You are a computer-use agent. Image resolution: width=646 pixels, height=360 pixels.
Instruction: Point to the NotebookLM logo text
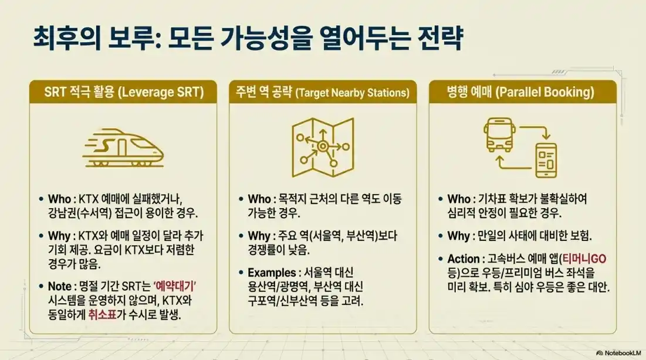pos(620,353)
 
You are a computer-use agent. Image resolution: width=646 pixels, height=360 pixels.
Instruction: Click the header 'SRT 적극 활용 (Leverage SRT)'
pos(123,92)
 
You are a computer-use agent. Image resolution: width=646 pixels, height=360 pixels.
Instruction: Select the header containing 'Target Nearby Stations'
pos(323,92)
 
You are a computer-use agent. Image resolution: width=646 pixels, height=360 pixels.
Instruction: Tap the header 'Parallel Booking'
pos(522,92)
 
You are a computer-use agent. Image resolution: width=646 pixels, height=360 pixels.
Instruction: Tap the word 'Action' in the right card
pos(464,259)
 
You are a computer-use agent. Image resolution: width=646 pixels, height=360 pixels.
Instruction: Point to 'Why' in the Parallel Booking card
pos(458,236)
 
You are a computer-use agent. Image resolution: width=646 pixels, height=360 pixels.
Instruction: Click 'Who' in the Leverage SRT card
pos(60,199)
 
